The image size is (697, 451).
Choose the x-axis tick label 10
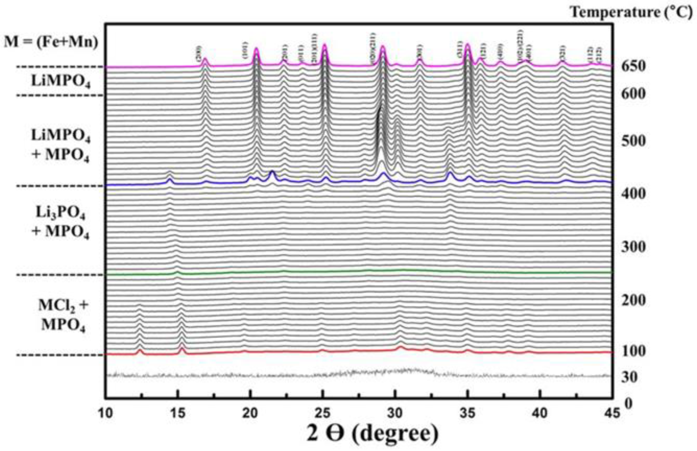(105, 413)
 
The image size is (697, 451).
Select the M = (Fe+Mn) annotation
(51, 42)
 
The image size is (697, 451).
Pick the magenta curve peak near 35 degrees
(467, 45)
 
